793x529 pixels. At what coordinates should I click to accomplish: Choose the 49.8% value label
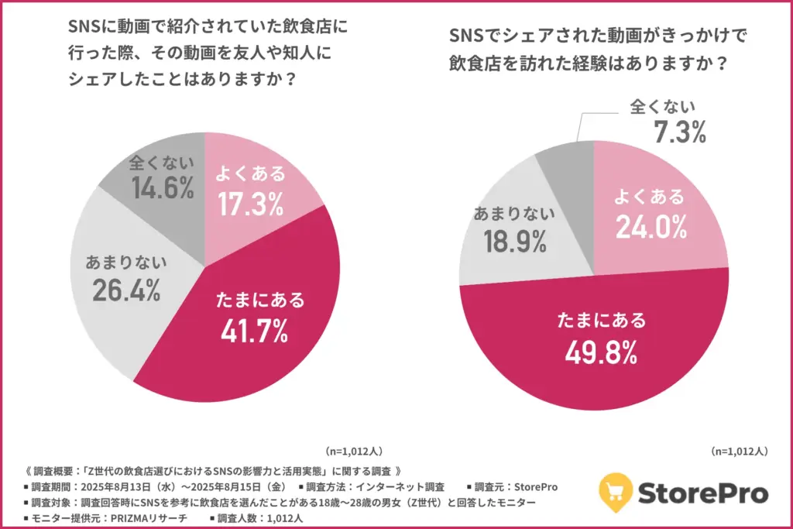coord(600,352)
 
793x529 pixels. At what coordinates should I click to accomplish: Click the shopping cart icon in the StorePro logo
coord(617,492)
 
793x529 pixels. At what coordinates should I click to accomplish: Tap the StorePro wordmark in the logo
coord(703,493)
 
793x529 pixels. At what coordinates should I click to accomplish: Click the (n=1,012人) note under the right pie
coord(740,451)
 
